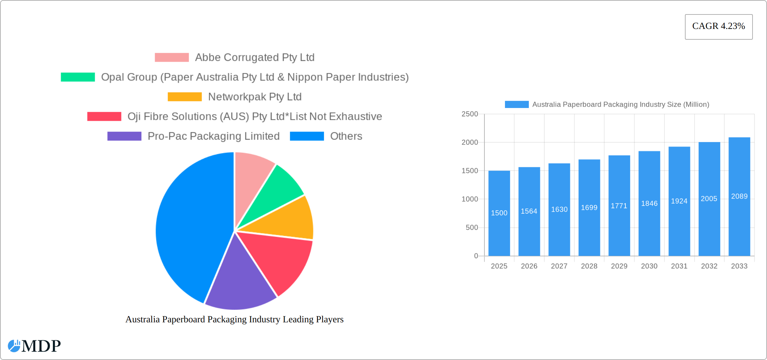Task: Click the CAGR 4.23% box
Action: pos(719,27)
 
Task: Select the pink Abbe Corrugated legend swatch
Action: pos(172,58)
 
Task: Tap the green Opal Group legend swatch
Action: pos(78,77)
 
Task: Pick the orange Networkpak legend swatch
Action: pos(185,97)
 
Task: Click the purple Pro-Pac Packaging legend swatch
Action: pos(124,136)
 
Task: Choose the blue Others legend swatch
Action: pos(307,136)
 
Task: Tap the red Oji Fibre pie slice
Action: pos(279,259)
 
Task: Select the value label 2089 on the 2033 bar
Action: pos(739,196)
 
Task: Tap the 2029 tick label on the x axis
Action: pos(619,266)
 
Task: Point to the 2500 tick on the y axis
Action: pos(470,114)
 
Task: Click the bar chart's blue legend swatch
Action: pos(516,105)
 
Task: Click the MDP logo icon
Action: pos(14,346)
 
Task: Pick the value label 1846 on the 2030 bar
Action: pos(649,204)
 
